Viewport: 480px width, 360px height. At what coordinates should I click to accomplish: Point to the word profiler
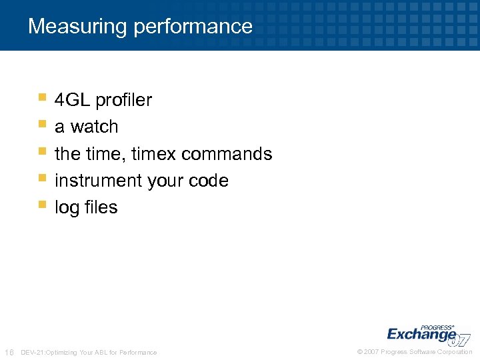coord(124,100)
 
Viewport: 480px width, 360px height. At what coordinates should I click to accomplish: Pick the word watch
coord(94,127)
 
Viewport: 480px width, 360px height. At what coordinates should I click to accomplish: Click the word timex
coord(154,154)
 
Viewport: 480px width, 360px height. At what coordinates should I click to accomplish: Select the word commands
coord(227,154)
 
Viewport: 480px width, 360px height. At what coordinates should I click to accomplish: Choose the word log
coord(67,208)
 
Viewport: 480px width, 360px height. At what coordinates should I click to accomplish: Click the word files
coord(101,207)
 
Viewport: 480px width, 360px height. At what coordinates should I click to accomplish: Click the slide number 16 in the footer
coord(9,352)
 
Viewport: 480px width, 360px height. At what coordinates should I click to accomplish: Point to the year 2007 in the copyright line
coord(371,352)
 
